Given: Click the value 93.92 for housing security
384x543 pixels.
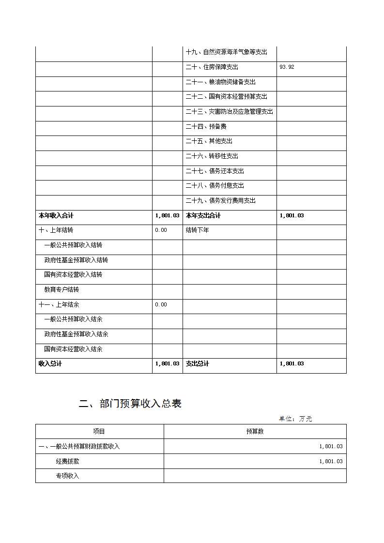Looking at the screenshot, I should (x=287, y=67).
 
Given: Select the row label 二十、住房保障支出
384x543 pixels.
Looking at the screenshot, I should (x=212, y=67).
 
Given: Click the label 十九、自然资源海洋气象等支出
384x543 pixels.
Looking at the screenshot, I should (x=226, y=52).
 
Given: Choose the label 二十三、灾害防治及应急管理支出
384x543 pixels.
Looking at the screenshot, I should (x=229, y=112).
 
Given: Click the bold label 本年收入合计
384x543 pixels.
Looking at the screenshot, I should (x=56, y=215).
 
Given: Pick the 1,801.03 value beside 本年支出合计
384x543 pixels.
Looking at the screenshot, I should (x=292, y=215).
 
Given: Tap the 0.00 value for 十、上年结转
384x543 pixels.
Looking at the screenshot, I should (x=161, y=230).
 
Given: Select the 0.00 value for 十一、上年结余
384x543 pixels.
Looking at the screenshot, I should (x=161, y=304).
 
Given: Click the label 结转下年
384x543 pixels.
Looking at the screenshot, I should (x=197, y=230).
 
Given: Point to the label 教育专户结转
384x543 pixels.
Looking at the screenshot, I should (x=61, y=290).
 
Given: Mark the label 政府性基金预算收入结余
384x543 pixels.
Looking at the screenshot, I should (x=76, y=334).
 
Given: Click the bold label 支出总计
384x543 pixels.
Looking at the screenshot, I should (x=197, y=364).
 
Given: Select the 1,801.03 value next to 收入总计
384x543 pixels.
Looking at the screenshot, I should (x=167, y=364).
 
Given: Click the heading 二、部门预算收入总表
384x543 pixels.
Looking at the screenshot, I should (x=130, y=404).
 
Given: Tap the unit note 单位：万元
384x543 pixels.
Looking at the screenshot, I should (x=295, y=419).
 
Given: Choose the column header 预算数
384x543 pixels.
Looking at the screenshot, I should (x=255, y=432).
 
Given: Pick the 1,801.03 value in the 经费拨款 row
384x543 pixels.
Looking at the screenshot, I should (x=331, y=462).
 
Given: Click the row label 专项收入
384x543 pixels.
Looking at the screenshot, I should (x=67, y=476).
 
